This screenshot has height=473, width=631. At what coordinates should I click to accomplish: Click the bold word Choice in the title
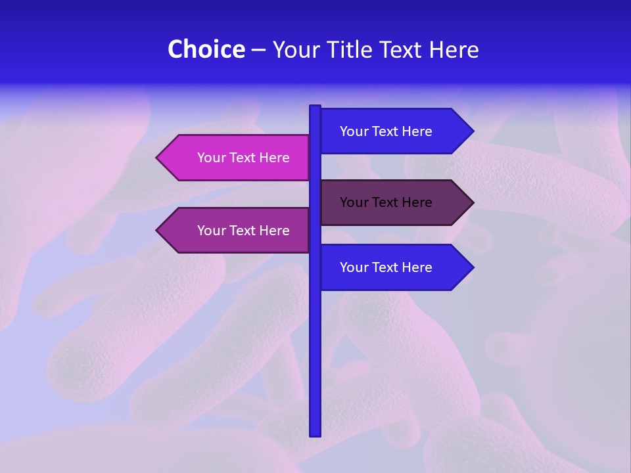[206, 50]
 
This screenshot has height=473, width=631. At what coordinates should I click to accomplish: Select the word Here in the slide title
[454, 50]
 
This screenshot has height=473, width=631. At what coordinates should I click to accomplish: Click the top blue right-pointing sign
[394, 131]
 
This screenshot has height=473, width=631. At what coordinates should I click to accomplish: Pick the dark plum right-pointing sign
[394, 202]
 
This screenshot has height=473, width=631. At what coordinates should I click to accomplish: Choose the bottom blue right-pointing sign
[394, 267]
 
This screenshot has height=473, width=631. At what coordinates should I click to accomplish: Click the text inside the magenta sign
[243, 158]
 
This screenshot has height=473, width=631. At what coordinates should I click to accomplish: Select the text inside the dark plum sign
[386, 202]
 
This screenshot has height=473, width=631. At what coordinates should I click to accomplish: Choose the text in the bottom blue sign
[386, 267]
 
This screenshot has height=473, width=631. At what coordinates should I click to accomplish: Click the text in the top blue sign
[386, 131]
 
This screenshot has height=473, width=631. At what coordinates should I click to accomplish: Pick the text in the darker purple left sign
[243, 231]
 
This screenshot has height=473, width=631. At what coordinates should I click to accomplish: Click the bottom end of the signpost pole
[315, 434]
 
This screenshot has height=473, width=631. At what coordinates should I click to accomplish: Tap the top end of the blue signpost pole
[315, 107]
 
